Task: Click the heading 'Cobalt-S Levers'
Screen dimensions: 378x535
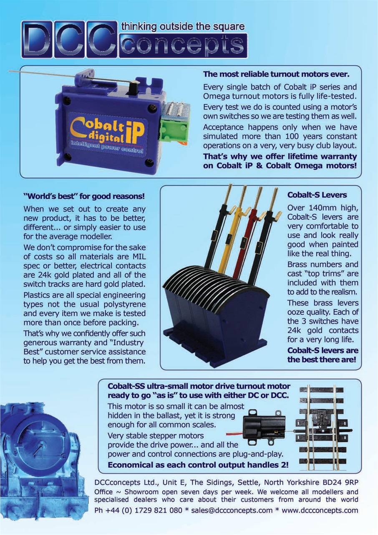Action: click(317, 195)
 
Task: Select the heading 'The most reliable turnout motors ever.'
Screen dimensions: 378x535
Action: click(276, 74)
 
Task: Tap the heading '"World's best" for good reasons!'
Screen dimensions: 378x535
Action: click(84, 196)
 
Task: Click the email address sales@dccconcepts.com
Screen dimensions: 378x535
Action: click(232, 510)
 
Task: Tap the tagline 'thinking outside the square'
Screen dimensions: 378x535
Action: click(183, 26)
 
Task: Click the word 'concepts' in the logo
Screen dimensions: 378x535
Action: click(183, 46)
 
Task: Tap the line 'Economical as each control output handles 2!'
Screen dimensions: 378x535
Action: click(198, 465)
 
